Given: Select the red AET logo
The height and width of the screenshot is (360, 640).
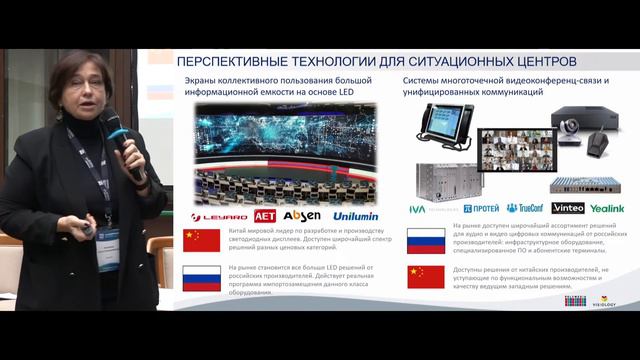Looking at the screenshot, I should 263,215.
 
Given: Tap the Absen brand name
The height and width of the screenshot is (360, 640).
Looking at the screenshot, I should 301,215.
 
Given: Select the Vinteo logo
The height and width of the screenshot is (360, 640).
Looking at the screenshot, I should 568,208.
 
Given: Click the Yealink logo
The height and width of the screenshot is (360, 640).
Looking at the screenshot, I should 606,208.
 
